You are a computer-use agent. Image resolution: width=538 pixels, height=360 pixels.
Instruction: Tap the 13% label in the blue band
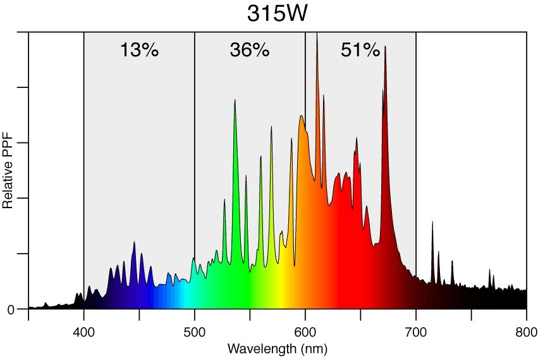point(139,51)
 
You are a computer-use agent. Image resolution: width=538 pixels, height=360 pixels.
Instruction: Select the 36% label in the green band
point(250,51)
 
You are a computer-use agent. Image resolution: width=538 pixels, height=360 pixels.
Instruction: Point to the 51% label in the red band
point(360,51)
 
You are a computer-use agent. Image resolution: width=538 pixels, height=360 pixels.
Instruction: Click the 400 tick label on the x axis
point(84,333)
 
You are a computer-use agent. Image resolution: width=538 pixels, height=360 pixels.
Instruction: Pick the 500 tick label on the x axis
point(195,333)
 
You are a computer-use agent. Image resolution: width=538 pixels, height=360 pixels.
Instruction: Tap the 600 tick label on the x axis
point(305,333)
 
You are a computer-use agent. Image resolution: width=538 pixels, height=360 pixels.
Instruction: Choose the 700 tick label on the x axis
point(416,333)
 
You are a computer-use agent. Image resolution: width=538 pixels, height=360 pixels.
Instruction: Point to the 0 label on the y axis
point(11,309)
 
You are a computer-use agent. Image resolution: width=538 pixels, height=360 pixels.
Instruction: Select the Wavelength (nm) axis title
point(277,349)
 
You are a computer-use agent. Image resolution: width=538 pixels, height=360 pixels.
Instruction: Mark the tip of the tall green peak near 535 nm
point(235,100)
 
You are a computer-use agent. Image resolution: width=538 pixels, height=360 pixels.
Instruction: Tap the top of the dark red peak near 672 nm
point(385,46)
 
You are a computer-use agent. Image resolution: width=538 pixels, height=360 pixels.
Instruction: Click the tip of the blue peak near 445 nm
point(134,242)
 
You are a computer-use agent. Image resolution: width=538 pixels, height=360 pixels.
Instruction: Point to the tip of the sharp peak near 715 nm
point(432,222)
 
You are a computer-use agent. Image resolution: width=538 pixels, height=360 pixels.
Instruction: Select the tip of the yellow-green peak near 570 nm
point(272,127)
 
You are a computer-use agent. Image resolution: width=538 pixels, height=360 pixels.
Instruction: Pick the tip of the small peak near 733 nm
point(452,261)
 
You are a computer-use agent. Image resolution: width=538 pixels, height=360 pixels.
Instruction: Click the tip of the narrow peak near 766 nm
point(489,269)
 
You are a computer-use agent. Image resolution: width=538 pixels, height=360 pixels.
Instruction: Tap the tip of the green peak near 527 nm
point(224,199)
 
